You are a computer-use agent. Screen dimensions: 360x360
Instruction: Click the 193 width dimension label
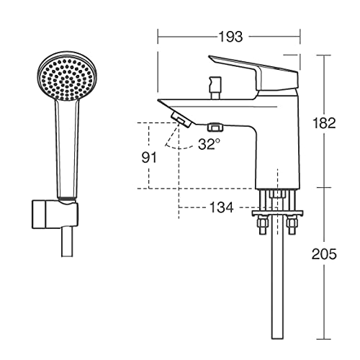coord(230,37)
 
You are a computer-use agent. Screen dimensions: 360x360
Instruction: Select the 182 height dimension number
coord(324,123)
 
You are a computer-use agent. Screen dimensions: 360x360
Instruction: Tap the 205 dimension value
coord(324,254)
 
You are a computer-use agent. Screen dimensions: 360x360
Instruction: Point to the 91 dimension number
coord(149,158)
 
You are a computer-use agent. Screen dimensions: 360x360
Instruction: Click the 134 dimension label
coord(222,207)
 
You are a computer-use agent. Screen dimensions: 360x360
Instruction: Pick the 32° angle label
coord(209,144)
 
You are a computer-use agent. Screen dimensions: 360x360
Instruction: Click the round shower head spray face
coord(68,76)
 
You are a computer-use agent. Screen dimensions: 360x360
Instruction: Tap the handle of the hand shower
coord(67,149)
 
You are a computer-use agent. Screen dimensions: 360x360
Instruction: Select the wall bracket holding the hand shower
coord(55,215)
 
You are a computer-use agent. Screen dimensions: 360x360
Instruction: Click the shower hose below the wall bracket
coord(67,243)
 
